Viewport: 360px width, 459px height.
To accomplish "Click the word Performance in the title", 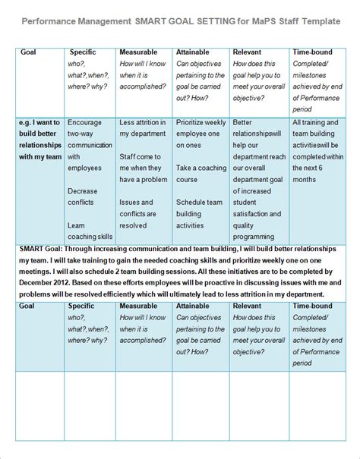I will tap(50, 22).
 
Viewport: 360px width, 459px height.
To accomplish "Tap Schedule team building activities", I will tap(199, 214).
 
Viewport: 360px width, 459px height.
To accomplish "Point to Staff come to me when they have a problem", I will tap(144, 168).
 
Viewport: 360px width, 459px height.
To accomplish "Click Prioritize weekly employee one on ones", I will tap(201, 133).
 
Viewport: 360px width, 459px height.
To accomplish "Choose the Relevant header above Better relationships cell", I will tap(247, 52).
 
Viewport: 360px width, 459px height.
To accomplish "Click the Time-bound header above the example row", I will tap(312, 52).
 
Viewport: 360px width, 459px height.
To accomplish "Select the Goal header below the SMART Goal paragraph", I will tap(27, 306).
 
